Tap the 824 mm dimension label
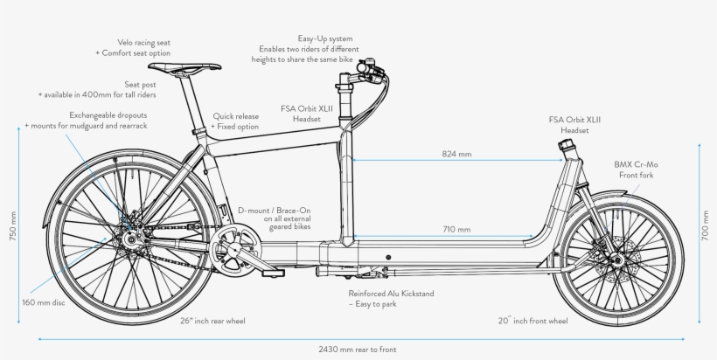coord(456,154)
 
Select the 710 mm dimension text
coord(456,230)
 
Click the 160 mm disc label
coord(42,302)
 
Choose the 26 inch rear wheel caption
coord(213,321)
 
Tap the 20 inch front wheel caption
coord(533,321)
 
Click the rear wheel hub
coord(129,236)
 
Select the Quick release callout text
coord(235,121)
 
